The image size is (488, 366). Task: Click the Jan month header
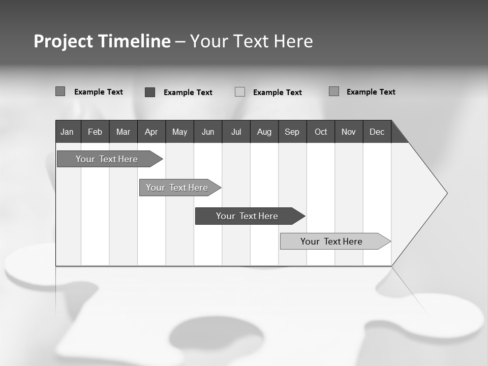point(67,132)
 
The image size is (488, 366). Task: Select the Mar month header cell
point(123,132)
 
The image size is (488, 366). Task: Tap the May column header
point(179,132)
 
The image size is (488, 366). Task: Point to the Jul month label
point(236,132)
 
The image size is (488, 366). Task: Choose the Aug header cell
point(264,132)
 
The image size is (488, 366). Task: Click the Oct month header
point(321,132)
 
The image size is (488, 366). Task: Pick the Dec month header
point(377,132)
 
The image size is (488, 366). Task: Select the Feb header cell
point(95,132)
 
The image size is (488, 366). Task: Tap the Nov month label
point(349,132)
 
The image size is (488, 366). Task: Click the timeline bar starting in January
point(107,159)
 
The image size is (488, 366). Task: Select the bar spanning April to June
point(177,188)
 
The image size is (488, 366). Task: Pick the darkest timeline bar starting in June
point(247,216)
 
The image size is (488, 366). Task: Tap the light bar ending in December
point(331,241)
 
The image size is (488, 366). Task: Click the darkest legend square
point(150,92)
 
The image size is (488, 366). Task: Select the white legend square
point(240,92)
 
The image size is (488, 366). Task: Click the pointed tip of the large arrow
point(446,193)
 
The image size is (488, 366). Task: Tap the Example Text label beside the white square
point(278,93)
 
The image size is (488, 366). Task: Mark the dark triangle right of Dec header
point(398,136)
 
